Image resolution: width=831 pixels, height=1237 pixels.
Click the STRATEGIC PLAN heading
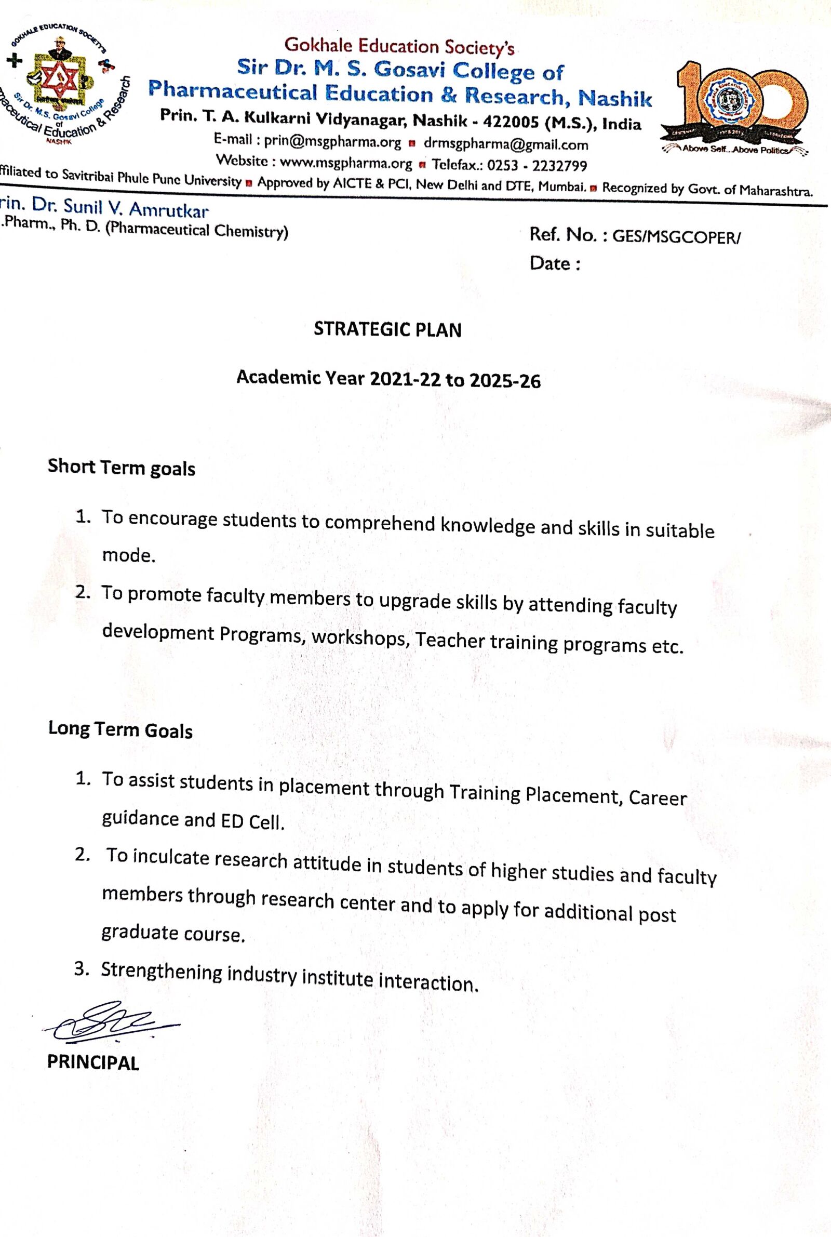(x=387, y=329)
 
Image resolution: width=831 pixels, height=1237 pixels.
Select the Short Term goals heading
(x=122, y=468)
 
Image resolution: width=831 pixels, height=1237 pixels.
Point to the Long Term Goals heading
(x=120, y=729)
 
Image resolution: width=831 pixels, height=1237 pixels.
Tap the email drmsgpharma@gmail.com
(x=505, y=144)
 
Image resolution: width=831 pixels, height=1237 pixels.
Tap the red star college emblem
(x=59, y=81)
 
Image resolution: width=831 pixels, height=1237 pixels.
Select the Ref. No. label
(x=563, y=235)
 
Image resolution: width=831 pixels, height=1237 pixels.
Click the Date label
(x=554, y=263)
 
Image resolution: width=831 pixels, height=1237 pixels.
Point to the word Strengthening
(x=161, y=972)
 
